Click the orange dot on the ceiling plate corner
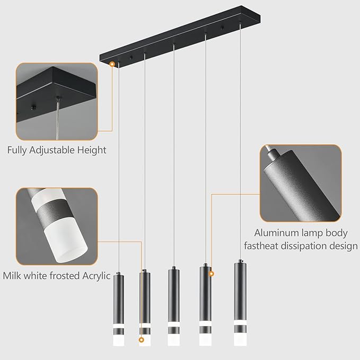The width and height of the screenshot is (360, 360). click(x=112, y=64)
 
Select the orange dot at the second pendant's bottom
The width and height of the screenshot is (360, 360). click(x=141, y=340)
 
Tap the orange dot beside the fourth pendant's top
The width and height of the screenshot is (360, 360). click(x=212, y=274)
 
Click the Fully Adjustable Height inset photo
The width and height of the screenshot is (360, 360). click(x=57, y=101)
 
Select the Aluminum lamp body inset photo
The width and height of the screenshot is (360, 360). click(x=301, y=183)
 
